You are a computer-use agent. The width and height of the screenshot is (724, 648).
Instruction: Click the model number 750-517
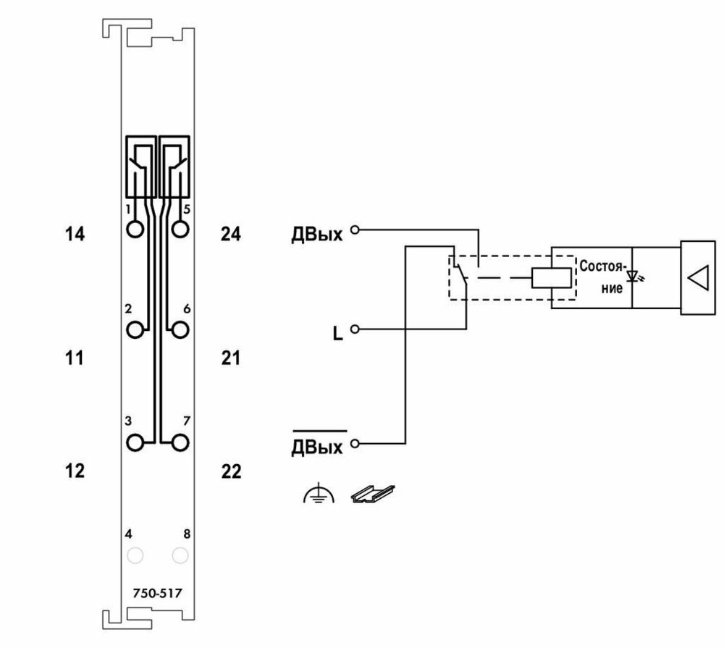click(x=157, y=593)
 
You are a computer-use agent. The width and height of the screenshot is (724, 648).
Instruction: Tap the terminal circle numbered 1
click(x=135, y=229)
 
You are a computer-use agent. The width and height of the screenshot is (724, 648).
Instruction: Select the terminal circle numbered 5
click(x=180, y=229)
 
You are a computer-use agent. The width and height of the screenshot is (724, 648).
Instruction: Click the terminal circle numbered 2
click(x=135, y=329)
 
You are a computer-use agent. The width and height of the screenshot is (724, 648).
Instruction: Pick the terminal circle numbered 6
click(x=180, y=329)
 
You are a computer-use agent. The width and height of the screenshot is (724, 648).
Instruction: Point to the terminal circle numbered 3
click(x=135, y=442)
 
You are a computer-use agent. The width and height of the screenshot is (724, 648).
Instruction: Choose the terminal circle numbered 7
click(x=180, y=442)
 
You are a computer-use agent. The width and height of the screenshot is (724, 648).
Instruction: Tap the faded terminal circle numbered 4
click(x=135, y=555)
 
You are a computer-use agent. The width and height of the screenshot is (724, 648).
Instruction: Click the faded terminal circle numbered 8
click(x=180, y=555)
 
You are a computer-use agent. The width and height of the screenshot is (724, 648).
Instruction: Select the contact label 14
click(x=75, y=234)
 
